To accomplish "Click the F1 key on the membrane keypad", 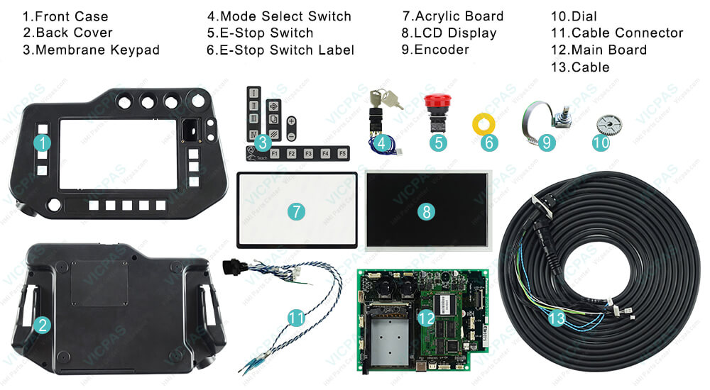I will click(x=274, y=153).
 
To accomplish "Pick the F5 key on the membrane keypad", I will click(x=342, y=153).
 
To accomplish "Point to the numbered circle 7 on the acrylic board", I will click(x=296, y=211).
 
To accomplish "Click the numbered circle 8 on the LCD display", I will click(x=426, y=211).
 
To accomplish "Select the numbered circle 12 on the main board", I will click(x=425, y=318).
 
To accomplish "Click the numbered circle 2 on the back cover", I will click(x=43, y=325).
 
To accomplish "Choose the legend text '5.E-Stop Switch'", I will click(x=260, y=33).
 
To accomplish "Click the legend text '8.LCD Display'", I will click(x=449, y=33).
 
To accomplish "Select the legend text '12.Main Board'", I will click(x=599, y=50).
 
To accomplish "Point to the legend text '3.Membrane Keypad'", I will click(x=91, y=50).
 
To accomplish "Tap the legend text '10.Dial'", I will click(x=574, y=16).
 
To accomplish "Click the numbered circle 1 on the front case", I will click(x=43, y=143).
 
